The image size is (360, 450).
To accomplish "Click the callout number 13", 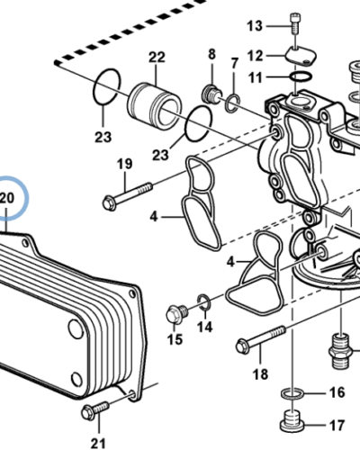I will (255, 24).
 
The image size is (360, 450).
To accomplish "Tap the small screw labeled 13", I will (293, 26).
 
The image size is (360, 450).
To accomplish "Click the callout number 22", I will (157, 58).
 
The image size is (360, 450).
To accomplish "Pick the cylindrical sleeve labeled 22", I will (158, 104).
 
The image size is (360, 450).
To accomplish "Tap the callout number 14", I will (205, 327).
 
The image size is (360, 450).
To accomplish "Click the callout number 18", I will (260, 373).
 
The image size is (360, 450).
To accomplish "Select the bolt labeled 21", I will (90, 411).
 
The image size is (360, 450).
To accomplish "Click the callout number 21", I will (96, 441).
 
